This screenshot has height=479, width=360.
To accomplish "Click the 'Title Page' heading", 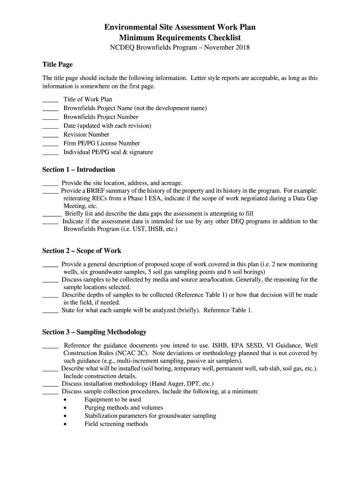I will [x=57, y=65].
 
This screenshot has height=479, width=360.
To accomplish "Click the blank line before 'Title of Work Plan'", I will [x=50, y=100].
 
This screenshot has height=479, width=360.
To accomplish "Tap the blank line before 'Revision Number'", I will [x=50, y=135].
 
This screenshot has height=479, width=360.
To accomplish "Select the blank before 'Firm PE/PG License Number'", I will [x=50, y=144].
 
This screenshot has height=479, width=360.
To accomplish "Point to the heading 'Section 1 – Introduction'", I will [x=79, y=169].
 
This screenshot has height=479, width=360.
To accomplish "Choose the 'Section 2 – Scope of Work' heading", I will [x=82, y=251].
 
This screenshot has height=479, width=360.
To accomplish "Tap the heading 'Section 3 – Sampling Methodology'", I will [x=94, y=332].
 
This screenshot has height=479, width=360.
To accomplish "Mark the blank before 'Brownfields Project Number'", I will [x=50, y=118].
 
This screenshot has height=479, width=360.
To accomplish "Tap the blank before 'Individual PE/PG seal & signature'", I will [x=50, y=153].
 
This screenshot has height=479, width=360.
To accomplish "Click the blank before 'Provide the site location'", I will [x=50, y=183].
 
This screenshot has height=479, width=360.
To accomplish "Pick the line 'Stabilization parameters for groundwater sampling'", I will [x=150, y=416].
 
